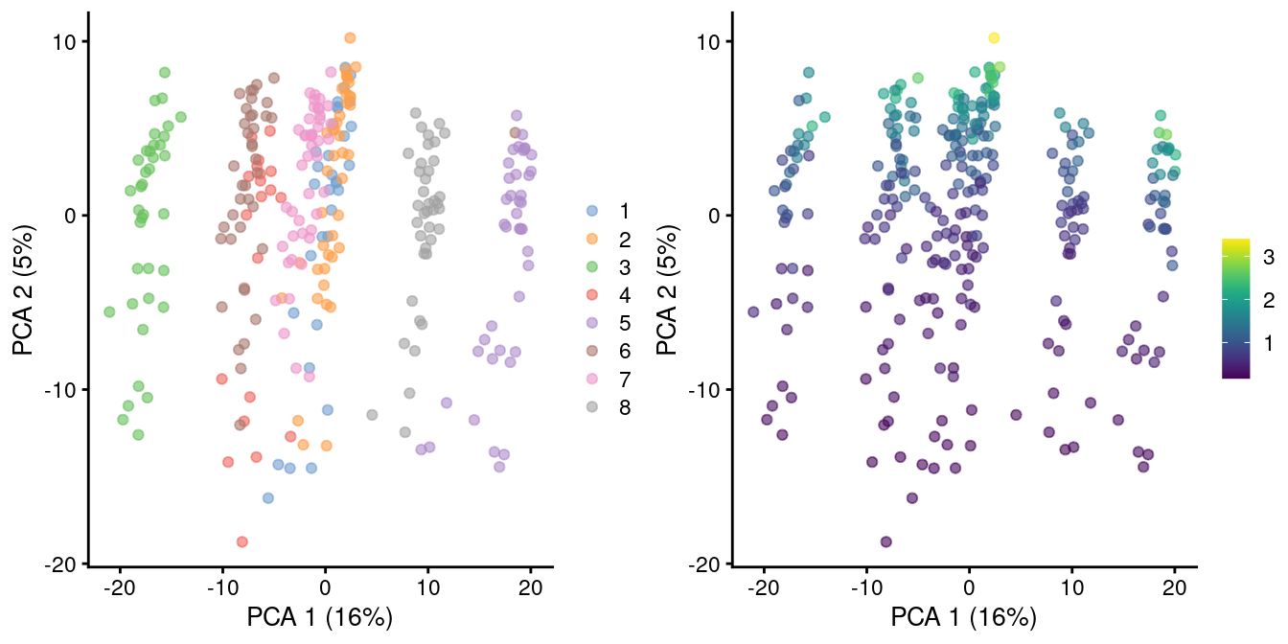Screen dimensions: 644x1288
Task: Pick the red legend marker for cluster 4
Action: coord(592,294)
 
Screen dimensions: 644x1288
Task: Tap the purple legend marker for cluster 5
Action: coord(592,323)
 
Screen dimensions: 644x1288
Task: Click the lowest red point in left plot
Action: coord(241,541)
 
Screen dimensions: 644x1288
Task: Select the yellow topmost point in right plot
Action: coord(994,37)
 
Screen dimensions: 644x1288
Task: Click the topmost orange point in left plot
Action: coord(350,37)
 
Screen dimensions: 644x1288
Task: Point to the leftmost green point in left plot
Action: coord(109,311)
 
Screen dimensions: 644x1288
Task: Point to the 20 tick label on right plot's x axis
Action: coord(1175,585)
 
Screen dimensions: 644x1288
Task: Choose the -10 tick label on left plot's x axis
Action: coord(221,585)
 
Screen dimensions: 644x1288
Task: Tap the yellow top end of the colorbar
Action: coord(1236,242)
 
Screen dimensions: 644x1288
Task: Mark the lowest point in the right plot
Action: coord(885,541)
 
